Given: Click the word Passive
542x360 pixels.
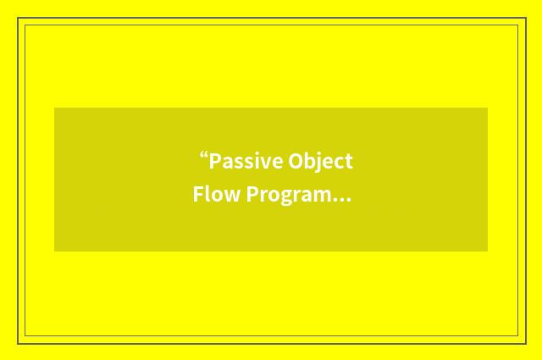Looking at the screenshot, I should click(246, 161).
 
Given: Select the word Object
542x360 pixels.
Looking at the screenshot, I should click(320, 161).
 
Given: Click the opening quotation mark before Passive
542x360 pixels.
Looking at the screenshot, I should click(203, 156).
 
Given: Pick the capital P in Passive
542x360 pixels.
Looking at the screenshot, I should click(215, 161).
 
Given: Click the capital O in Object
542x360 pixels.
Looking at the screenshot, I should click(296, 161).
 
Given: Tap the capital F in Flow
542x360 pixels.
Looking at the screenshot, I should click(198, 195).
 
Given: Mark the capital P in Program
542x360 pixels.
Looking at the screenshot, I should click(252, 195).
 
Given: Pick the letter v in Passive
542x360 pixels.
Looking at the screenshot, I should click(265, 163).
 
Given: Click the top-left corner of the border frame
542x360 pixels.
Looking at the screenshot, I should click(19, 19).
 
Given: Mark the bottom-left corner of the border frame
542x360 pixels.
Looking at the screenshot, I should click(19, 343).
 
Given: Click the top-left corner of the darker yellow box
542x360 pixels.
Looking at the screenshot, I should click(55, 108).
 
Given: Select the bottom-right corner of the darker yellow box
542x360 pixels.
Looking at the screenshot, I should click(487, 251).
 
